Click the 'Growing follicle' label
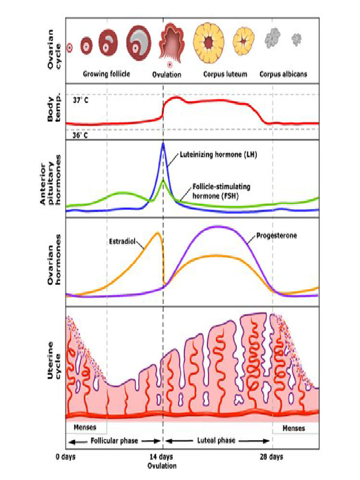click(x=106, y=74)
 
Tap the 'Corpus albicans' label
click(x=284, y=74)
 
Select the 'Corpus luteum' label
click(x=225, y=74)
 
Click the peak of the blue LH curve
click(x=163, y=143)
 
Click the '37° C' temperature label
click(x=81, y=100)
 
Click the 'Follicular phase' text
click(x=113, y=441)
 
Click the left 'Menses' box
click(x=86, y=427)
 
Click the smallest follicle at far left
click(x=69, y=47)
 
